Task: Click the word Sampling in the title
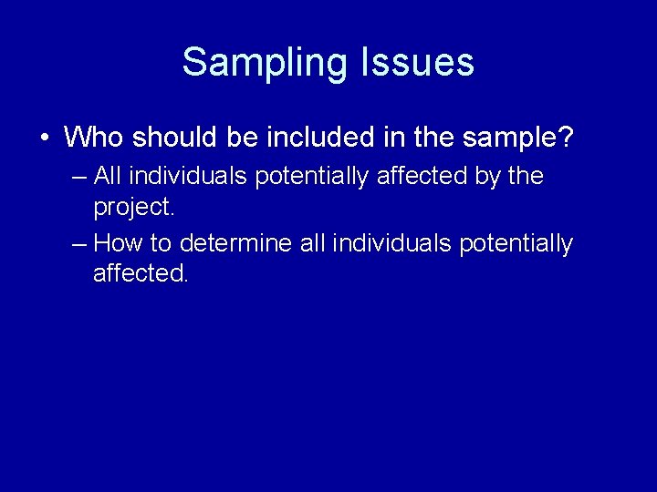265,63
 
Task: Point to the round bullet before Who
44,138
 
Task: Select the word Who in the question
94,138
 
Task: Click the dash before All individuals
78,176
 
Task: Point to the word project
133,207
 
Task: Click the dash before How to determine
78,244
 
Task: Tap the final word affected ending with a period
140,273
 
